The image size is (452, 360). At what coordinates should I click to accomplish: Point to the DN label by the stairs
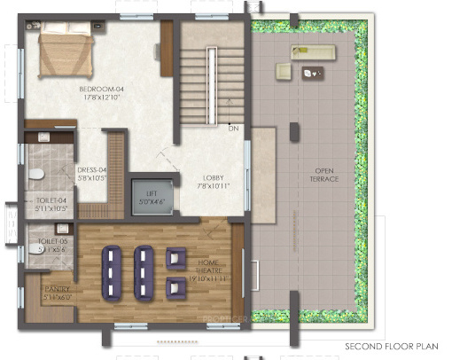tap(234, 129)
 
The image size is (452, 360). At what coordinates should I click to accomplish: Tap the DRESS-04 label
tap(91, 169)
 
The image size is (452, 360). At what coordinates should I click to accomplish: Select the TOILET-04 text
tap(51, 200)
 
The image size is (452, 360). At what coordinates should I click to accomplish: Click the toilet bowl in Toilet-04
tap(36, 175)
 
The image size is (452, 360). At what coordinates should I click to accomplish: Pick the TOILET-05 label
tap(52, 240)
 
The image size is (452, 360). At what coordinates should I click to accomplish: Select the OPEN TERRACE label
tap(325, 174)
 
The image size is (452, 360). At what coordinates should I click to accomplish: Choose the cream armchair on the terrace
tap(284, 72)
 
